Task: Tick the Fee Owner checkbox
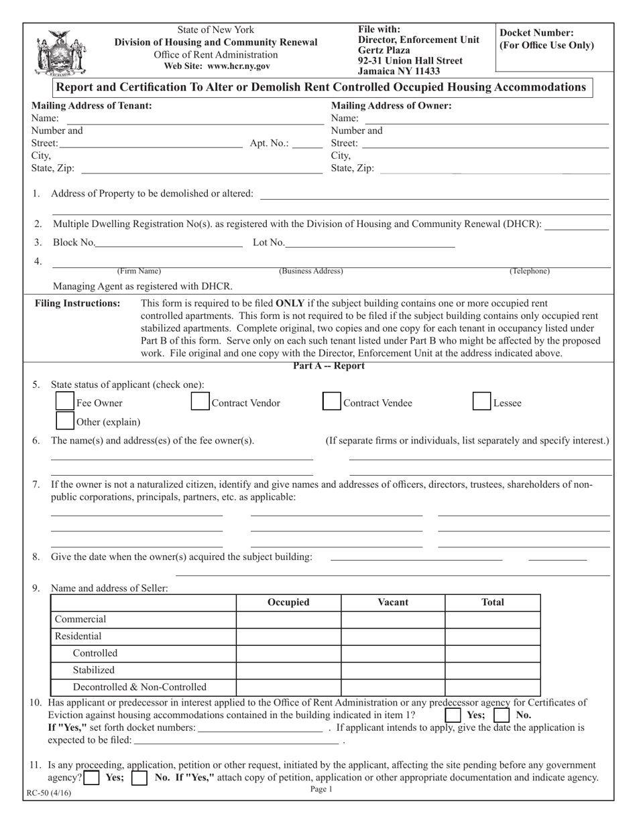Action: (x=64, y=402)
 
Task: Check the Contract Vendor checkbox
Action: (x=200, y=402)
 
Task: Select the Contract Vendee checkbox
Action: (x=331, y=402)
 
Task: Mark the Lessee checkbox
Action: (x=481, y=402)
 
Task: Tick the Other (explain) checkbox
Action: (x=64, y=421)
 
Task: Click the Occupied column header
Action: (x=288, y=602)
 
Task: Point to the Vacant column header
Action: (x=393, y=602)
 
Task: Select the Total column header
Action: (x=493, y=602)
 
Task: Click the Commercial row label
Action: (x=80, y=619)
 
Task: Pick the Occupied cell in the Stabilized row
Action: (x=288, y=669)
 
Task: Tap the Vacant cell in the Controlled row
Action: (x=393, y=653)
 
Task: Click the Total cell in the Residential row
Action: (x=493, y=636)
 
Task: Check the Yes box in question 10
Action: (x=454, y=715)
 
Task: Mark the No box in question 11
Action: (x=139, y=778)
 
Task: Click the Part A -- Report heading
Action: (x=329, y=366)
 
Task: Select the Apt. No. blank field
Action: (x=307, y=143)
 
